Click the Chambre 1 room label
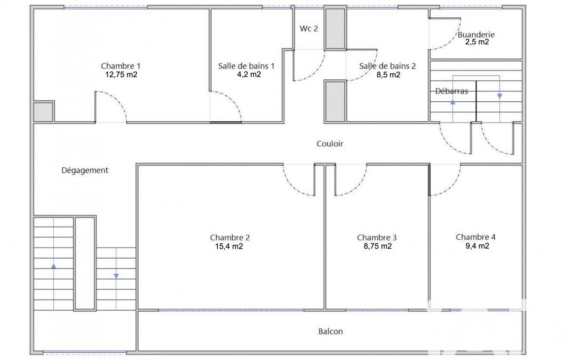click(x=121, y=66)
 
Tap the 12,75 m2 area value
click(x=121, y=75)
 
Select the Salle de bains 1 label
click(x=247, y=66)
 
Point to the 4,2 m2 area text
click(x=249, y=74)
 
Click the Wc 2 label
click(x=309, y=28)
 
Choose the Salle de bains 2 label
click(x=387, y=66)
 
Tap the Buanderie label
click(x=476, y=35)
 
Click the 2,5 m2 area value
click(x=477, y=42)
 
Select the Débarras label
click(x=452, y=91)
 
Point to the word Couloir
click(x=330, y=144)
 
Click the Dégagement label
click(x=85, y=170)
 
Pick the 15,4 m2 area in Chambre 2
click(x=229, y=246)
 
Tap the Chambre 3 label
click(x=377, y=238)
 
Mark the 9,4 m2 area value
click(x=477, y=246)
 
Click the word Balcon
click(x=330, y=331)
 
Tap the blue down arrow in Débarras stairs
click(x=499, y=96)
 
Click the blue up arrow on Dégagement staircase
click(x=54, y=266)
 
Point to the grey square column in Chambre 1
click(x=43, y=112)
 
